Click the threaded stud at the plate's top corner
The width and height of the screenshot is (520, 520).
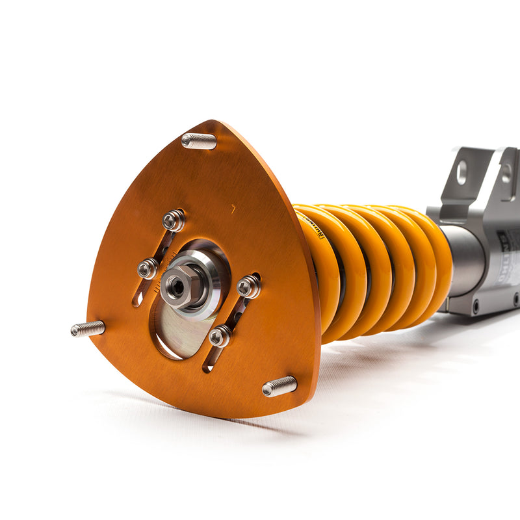tap(199, 140)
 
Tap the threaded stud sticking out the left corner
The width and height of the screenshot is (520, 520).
tap(88, 329)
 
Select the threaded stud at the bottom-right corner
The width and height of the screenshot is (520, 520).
tap(279, 386)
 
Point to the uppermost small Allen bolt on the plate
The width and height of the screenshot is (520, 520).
tap(173, 220)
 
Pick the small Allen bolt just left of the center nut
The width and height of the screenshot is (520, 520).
tap(148, 268)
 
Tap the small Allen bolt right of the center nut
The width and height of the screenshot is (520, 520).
tap(248, 286)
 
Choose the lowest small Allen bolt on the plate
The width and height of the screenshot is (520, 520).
tap(219, 335)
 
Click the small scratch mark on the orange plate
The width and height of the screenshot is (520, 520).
tap(233, 208)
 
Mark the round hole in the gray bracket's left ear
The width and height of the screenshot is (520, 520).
tap(462, 172)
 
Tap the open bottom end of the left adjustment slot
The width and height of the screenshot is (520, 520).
tap(137, 301)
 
